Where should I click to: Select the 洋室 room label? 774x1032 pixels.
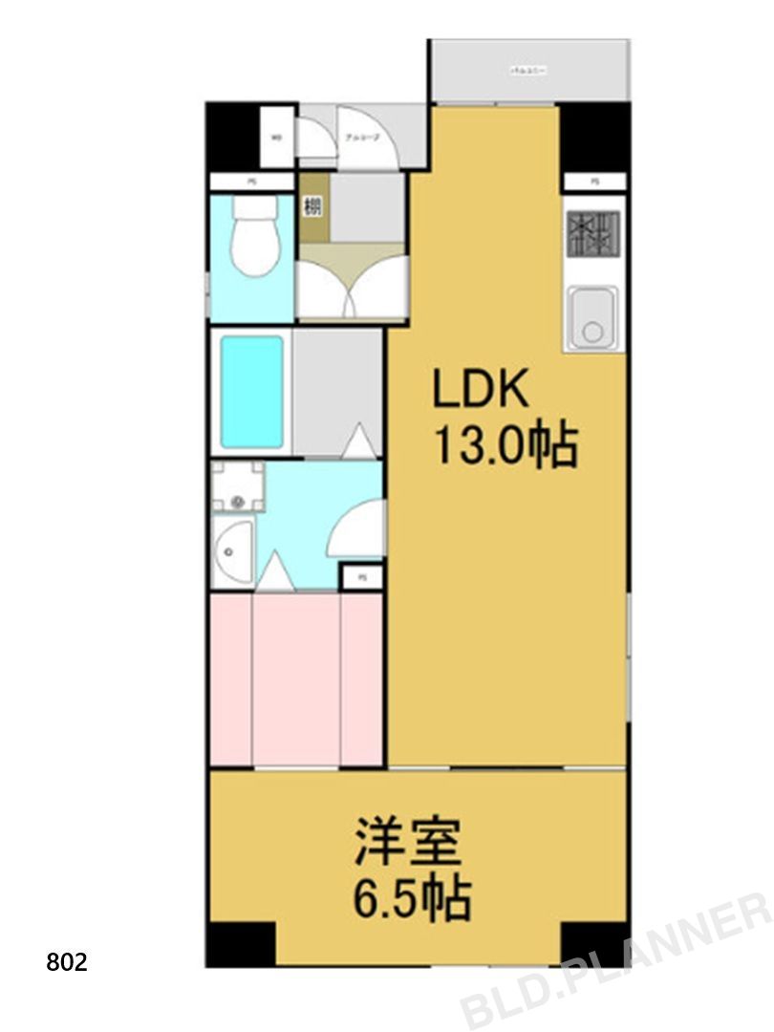click(408, 841)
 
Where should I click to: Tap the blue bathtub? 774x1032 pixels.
click(252, 392)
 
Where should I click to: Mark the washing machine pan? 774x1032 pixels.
click(238, 487)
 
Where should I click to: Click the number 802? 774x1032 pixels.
click(67, 961)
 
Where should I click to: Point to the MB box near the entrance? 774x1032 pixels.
click(277, 138)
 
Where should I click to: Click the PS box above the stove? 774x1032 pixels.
click(594, 182)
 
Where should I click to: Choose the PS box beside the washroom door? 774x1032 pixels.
click(362, 576)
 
